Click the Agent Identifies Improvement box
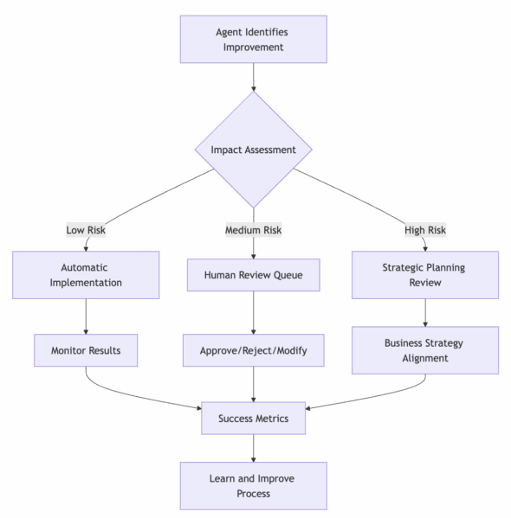[254, 39]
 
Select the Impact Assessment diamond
[254, 150]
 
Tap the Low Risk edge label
[86, 230]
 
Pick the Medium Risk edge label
[254, 230]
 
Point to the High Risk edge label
[425, 230]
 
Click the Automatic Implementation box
[86, 275]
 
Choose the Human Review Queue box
[254, 275]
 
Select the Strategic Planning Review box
[425, 275]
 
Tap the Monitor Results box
[86, 350]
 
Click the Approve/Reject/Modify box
[254, 350]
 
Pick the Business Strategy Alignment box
[425, 350]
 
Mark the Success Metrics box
[254, 419]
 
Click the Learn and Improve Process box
[254, 486]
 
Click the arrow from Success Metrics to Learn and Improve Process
[254, 448]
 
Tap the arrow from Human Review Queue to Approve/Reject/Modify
[254, 313]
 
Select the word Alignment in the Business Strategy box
[425, 358]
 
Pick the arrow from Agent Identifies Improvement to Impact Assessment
[254, 77]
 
